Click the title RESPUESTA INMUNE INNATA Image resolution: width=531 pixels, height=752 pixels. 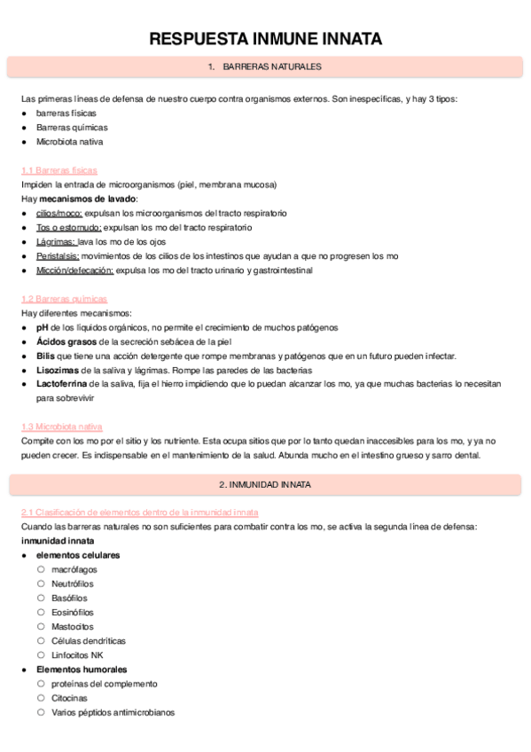point(265,39)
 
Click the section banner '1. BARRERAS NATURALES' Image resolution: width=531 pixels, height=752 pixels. point(265,67)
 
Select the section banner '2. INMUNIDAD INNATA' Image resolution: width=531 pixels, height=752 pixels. point(265,485)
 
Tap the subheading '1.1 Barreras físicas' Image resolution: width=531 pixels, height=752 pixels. point(59,170)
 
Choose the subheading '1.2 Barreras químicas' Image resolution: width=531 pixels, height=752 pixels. point(64,299)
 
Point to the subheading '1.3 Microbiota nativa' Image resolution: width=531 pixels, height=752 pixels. point(62,427)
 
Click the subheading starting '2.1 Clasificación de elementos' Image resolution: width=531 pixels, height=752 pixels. point(140,513)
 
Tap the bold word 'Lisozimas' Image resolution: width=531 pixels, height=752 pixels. point(57,370)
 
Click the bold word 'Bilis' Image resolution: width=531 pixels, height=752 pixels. point(46,356)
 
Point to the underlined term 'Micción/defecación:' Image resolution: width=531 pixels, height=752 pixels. point(75,270)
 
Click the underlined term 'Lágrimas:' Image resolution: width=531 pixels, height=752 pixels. point(56,242)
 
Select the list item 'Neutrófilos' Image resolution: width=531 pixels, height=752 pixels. point(72,584)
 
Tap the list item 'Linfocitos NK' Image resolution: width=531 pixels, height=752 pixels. point(77,654)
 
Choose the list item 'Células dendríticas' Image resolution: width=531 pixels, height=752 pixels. point(89,640)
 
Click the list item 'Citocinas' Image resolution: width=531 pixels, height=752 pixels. point(69,698)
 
